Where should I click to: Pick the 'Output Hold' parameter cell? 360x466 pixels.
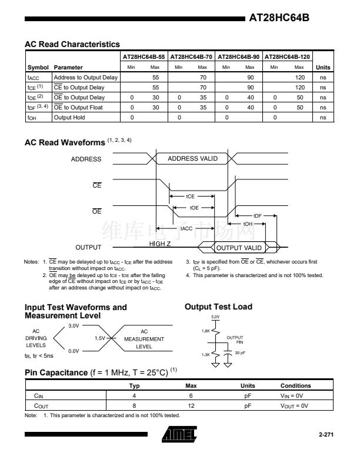pos(69,118)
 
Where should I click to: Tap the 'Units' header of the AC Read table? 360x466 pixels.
pos(323,67)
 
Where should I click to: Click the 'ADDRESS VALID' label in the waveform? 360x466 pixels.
pos(192,158)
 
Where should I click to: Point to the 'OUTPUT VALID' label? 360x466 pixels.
pos(239,248)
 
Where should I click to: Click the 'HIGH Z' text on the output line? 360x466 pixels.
pos(161,244)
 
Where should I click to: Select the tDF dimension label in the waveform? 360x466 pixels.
pos(258,216)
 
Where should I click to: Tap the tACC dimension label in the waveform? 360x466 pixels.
pos(186,228)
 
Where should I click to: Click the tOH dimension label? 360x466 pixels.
pos(248,224)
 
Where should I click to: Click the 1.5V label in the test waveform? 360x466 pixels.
pos(100,338)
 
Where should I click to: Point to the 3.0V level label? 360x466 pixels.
pos(74,325)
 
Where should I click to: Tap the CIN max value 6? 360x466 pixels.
pos(191,397)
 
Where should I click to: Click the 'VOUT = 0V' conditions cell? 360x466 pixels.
pos(297,405)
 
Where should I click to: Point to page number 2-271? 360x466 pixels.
pos(326,435)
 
